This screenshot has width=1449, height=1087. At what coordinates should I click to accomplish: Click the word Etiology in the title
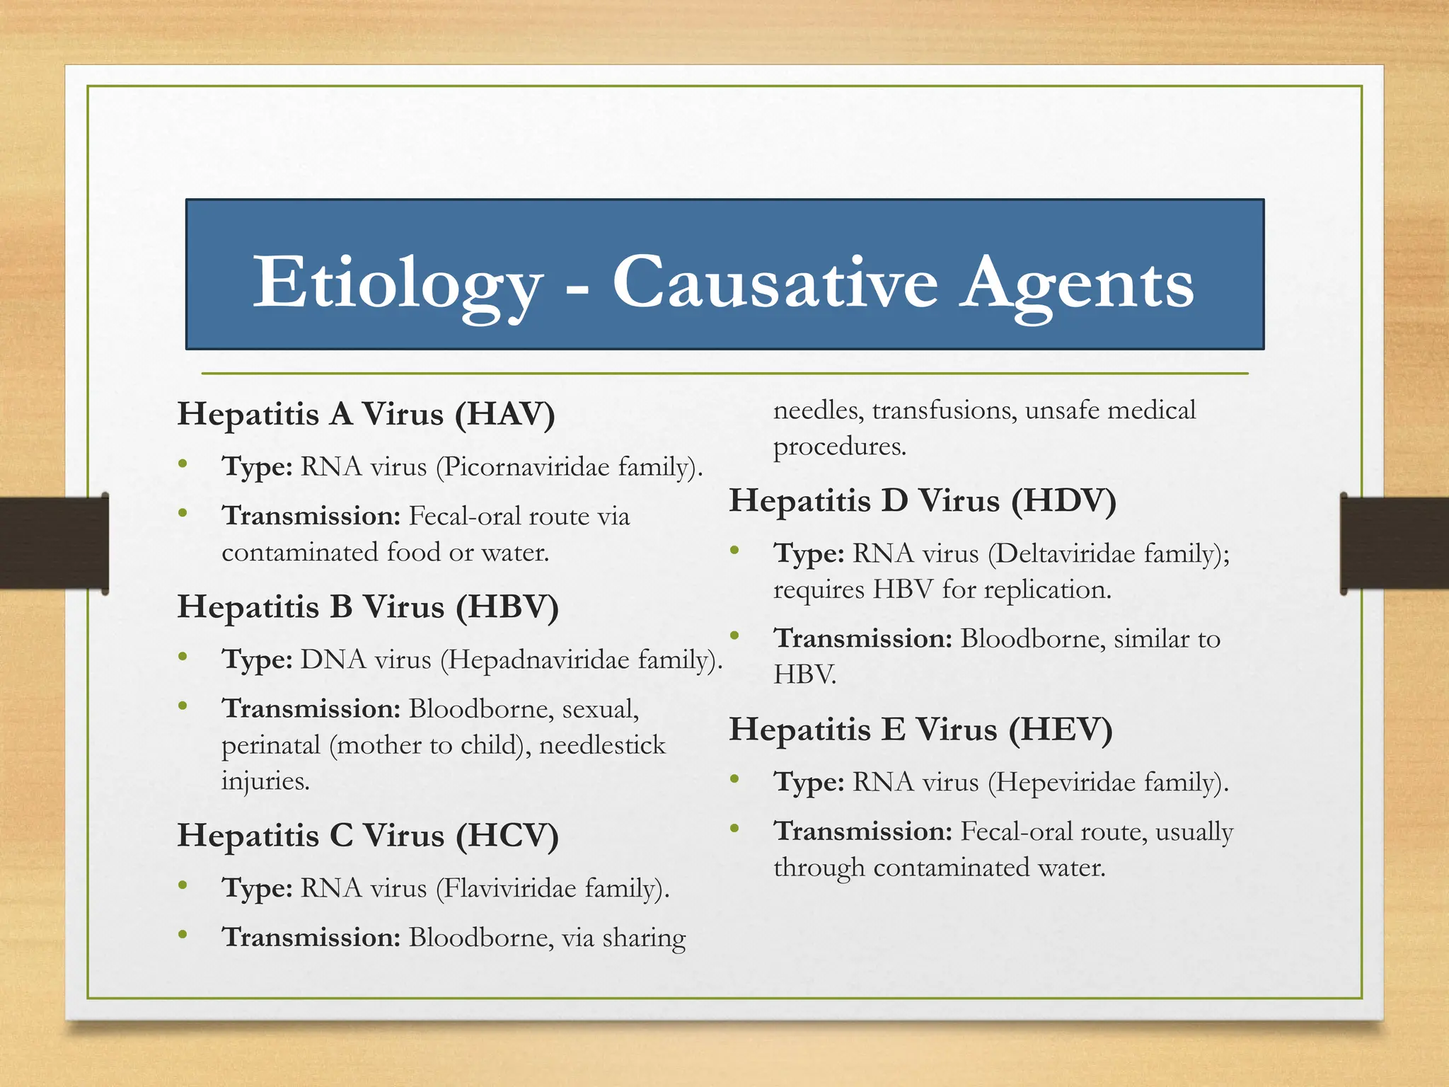tap(398, 284)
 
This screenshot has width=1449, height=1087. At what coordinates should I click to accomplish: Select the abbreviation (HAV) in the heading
tap(504, 414)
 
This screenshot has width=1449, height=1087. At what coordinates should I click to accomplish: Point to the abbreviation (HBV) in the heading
tap(507, 607)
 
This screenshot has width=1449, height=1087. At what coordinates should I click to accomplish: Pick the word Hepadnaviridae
tap(538, 660)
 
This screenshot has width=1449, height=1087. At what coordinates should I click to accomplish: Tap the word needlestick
tap(602, 745)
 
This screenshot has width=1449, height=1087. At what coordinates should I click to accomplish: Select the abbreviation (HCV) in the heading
tap(507, 836)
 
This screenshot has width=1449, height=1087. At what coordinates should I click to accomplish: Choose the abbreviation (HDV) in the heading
tap(1063, 501)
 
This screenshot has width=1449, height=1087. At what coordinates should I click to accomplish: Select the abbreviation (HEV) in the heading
tap(1061, 730)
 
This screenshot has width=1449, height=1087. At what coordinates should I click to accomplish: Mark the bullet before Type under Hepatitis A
tap(183, 465)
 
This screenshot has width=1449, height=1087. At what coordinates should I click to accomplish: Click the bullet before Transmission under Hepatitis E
tap(735, 829)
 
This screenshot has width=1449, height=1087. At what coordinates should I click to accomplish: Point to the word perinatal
tap(271, 745)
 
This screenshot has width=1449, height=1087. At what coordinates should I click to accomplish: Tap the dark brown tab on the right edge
tap(1394, 543)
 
